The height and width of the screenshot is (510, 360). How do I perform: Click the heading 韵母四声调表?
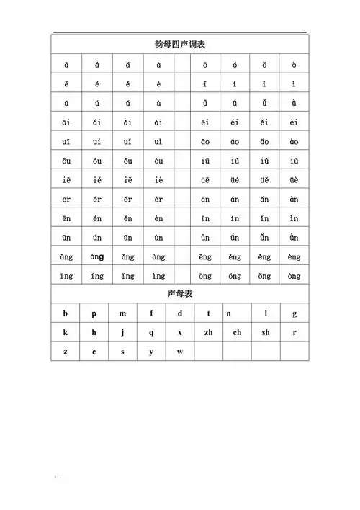[180, 45]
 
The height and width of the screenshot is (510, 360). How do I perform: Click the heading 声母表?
[180, 295]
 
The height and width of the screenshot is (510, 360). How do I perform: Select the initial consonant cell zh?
[208, 333]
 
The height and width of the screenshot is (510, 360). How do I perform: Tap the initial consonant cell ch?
[237, 333]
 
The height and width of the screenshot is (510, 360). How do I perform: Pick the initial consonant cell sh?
[266, 333]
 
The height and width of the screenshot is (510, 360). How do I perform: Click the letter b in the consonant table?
[66, 314]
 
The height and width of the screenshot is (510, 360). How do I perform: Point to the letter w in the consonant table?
[180, 352]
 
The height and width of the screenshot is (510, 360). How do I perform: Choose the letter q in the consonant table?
[151, 333]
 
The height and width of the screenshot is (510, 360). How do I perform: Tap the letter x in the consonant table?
[180, 333]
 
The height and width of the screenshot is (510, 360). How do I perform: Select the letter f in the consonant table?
[151, 314]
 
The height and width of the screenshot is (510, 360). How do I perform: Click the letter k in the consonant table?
[66, 333]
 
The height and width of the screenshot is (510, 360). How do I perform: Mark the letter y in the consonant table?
[151, 352]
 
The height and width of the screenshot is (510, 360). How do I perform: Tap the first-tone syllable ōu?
[66, 161]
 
